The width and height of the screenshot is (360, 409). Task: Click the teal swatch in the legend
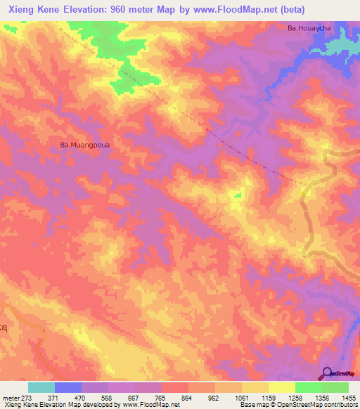coord(41,387)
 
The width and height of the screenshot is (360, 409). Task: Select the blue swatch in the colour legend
coord(68,387)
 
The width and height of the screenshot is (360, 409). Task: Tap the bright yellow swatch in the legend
coord(281,387)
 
